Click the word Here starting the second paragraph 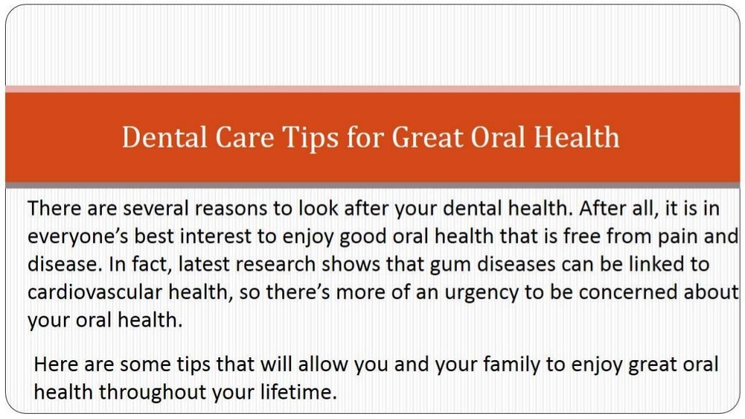coord(54,364)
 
